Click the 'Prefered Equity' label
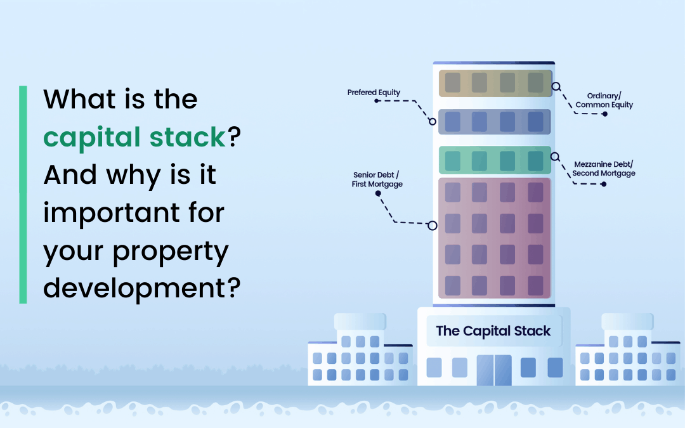(x=374, y=93)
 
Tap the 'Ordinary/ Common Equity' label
(x=604, y=100)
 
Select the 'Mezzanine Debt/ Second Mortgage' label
(x=604, y=169)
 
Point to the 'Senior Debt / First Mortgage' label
(x=377, y=179)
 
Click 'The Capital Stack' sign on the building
(x=493, y=331)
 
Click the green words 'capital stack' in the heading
(x=134, y=137)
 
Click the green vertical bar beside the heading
(x=23, y=195)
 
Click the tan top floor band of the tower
(x=495, y=83)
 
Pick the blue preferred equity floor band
(x=495, y=122)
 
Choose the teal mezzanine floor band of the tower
(x=495, y=160)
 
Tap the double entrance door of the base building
(x=494, y=370)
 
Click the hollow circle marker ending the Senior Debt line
(x=433, y=226)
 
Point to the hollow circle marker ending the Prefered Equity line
(x=433, y=122)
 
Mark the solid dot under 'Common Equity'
(x=605, y=114)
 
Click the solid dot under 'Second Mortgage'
(x=604, y=185)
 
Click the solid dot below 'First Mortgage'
(x=378, y=193)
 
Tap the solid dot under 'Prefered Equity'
(x=377, y=101)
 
